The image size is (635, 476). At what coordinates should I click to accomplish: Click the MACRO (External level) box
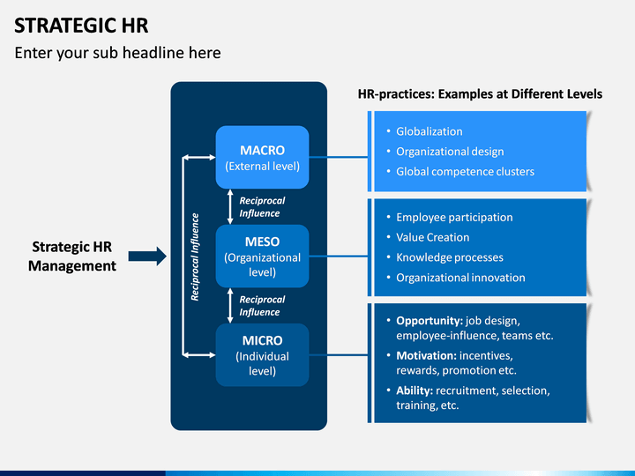(x=263, y=157)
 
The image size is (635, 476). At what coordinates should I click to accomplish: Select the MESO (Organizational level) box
(x=263, y=256)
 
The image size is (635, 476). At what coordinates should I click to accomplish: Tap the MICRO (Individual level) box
(x=263, y=354)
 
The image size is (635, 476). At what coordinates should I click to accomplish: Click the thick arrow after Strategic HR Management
(x=147, y=257)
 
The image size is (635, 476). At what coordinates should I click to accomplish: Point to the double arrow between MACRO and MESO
(x=230, y=207)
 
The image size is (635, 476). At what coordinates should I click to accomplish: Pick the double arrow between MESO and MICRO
(x=230, y=306)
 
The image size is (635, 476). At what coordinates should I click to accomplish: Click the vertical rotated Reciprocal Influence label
(x=195, y=257)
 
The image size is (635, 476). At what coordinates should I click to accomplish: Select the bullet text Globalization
(x=430, y=131)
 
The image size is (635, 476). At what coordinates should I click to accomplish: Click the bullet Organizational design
(x=450, y=152)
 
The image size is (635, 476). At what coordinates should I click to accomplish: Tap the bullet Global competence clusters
(x=466, y=172)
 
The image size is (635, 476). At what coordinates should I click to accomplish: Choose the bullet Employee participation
(x=454, y=218)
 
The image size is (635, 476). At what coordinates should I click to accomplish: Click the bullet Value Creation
(x=433, y=237)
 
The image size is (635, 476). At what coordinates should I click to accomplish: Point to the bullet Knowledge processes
(x=450, y=257)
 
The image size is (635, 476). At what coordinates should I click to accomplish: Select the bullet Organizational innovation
(x=460, y=278)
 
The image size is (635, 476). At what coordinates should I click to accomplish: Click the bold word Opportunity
(x=430, y=321)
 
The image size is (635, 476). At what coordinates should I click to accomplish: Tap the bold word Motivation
(x=427, y=356)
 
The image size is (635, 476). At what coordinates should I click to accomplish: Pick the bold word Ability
(x=415, y=390)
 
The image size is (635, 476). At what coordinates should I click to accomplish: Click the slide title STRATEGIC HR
(x=81, y=26)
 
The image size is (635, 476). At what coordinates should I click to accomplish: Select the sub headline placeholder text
(x=118, y=53)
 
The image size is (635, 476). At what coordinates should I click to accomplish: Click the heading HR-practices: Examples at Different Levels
(x=480, y=94)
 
